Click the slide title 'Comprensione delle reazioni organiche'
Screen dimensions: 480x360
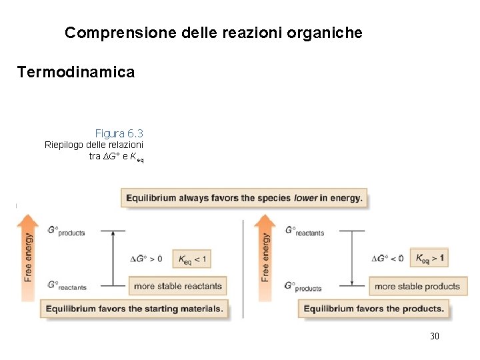(213, 32)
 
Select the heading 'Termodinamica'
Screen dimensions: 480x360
(76, 72)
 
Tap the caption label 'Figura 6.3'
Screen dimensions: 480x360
(119, 133)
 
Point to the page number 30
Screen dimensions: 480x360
(435, 336)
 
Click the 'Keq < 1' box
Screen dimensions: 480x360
(192, 259)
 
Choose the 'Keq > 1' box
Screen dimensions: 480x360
(430, 258)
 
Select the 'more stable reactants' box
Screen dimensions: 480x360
(177, 286)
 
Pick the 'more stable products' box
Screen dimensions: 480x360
(417, 286)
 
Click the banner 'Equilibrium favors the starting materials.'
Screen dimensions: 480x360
(135, 309)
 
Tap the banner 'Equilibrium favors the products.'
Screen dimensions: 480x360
(374, 309)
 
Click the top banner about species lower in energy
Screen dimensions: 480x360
(244, 198)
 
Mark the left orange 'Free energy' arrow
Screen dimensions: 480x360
(27, 257)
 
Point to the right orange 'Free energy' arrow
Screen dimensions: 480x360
(265, 257)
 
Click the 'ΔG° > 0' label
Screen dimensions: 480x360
(145, 259)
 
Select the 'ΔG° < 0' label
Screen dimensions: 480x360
(387, 259)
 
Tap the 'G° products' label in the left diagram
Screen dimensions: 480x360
(66, 231)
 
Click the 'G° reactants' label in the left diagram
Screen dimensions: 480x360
(67, 285)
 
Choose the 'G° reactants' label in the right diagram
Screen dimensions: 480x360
(304, 231)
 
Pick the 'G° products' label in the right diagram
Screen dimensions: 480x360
(303, 286)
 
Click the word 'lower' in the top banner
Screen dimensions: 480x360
(305, 198)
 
